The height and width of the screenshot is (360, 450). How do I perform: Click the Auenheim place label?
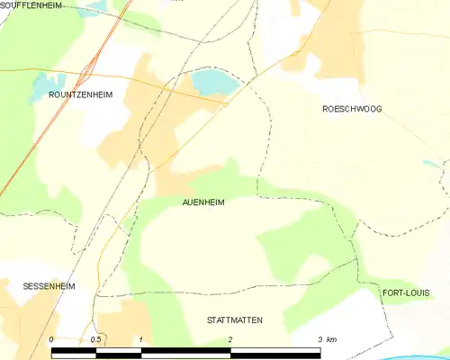coord(203,202)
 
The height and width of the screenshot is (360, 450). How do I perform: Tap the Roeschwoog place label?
coord(352,108)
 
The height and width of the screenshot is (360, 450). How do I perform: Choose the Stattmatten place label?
coord(234,319)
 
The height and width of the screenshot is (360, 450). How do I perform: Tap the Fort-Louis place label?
coord(405,293)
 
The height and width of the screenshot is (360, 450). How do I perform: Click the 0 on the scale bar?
coord(51,339)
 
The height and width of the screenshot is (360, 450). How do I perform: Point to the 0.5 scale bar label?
coord(96,339)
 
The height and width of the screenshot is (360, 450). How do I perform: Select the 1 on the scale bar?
coord(141,339)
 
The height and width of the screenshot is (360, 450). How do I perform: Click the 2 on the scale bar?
coord(231,339)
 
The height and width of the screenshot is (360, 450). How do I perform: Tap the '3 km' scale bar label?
coord(326,339)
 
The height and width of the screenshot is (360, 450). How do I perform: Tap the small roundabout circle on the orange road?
coord(225,104)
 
